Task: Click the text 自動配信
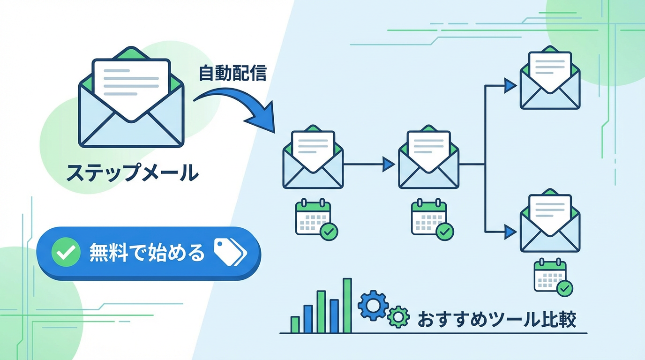point(232,73)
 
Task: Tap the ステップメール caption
point(132,173)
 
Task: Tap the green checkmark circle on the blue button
point(66,254)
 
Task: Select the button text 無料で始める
point(147,254)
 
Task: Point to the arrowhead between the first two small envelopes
point(388,164)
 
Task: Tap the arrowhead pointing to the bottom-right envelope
point(510,230)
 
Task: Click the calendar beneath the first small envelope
point(314,217)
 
